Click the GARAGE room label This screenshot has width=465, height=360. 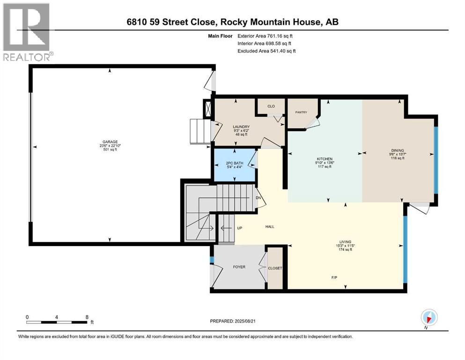tap(110, 142)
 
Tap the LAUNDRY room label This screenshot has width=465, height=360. tap(241, 127)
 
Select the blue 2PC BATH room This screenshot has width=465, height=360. tap(234, 165)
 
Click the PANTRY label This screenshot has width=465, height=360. tap(301, 112)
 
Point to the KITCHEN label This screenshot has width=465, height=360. tap(324, 159)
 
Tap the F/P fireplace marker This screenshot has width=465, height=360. tap(335, 277)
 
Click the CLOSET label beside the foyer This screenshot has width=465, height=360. tap(275, 269)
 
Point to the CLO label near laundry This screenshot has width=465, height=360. tap(271, 106)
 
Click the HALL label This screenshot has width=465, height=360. tap(269, 226)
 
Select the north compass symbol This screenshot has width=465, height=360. tap(428, 317)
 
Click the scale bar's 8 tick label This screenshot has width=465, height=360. tap(87, 317)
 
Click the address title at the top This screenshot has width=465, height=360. tap(232, 22)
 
